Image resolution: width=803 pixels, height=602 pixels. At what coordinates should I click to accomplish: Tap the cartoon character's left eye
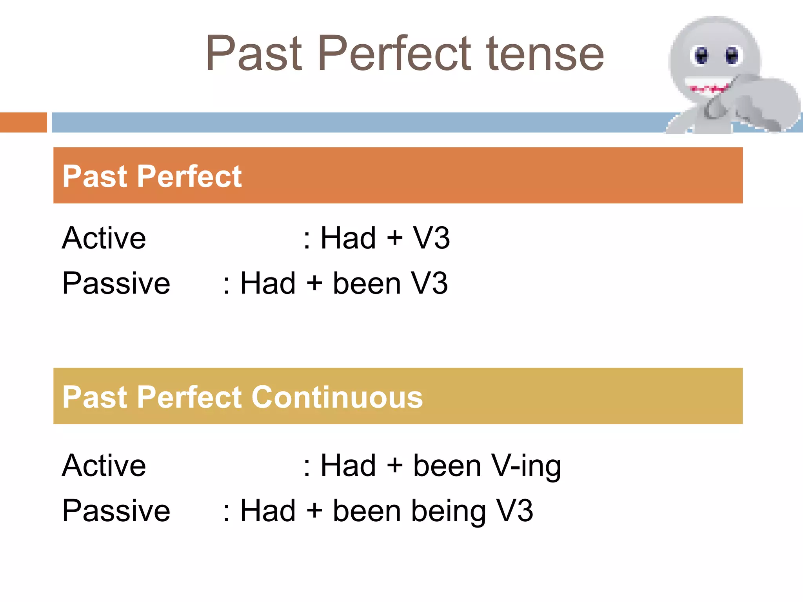pos(701,56)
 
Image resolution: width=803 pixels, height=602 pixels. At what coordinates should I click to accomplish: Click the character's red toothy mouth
pos(709,88)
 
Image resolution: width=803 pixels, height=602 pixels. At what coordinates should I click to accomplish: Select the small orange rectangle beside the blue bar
pos(23,122)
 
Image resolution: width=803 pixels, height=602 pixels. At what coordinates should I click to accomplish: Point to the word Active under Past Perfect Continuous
pos(104,466)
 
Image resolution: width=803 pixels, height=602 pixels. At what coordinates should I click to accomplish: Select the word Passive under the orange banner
pos(116,283)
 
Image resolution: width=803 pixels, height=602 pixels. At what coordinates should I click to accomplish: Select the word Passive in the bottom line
pos(116,511)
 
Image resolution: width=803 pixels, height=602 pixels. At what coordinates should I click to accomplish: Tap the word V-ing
pos(526,466)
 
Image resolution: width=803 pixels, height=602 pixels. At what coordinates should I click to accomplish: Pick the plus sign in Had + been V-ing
pos(394,466)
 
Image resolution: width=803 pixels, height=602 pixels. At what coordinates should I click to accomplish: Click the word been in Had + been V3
pos(367,283)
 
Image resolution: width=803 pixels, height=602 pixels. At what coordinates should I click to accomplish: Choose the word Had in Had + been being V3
pos(268,511)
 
